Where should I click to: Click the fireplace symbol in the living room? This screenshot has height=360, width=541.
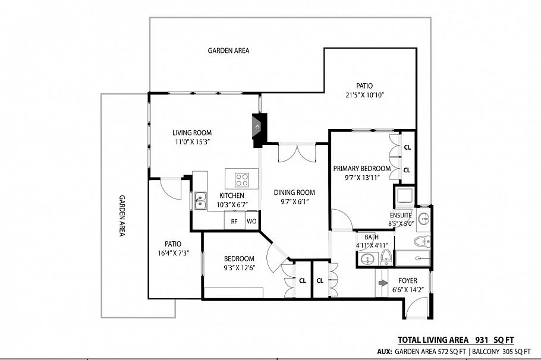tap(257, 127)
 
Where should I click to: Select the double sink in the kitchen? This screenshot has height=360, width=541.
tap(200, 200)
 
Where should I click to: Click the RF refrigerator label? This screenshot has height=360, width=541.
tap(234, 221)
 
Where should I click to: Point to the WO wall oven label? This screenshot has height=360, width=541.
tap(251, 221)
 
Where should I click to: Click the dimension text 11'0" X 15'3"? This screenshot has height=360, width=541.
tap(192, 142)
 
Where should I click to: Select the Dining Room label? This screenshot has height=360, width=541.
tap(294, 192)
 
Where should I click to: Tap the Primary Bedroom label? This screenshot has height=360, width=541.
tap(361, 168)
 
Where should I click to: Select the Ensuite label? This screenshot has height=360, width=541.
tap(400, 215)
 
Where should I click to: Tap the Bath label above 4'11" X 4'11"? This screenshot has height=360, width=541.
tap(372, 237)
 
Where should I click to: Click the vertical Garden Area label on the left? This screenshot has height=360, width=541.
tap(122, 216)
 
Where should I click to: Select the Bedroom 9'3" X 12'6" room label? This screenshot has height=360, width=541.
tap(239, 258)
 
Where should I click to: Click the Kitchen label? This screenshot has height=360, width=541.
tap(232, 195)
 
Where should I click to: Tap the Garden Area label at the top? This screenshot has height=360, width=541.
tap(228, 50)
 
